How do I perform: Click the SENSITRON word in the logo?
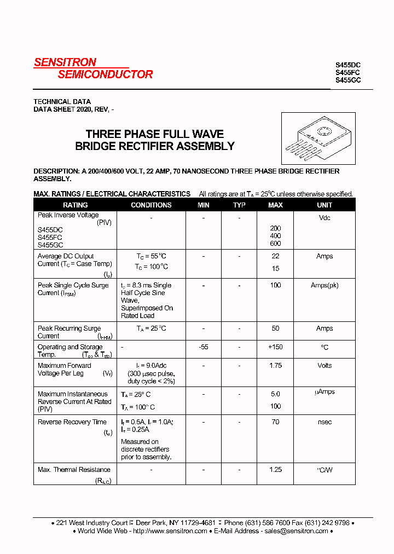click(x=65, y=62)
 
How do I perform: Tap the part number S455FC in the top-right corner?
click(x=348, y=72)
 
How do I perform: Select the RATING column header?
click(x=76, y=205)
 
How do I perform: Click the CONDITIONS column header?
click(x=151, y=205)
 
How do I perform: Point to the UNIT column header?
click(x=325, y=205)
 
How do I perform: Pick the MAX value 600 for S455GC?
click(x=275, y=244)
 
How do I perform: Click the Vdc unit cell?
click(x=325, y=218)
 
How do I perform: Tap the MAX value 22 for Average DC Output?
click(x=275, y=256)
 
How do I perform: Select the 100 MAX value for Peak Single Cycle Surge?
click(x=275, y=285)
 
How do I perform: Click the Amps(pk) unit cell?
click(x=325, y=285)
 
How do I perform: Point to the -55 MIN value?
click(x=204, y=347)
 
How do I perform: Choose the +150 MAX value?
click(x=275, y=347)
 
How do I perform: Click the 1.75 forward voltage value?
click(x=275, y=366)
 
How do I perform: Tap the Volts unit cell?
click(x=325, y=366)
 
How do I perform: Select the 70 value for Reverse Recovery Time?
click(x=275, y=422)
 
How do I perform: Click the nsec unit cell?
click(x=325, y=422)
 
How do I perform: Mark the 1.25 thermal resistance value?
click(x=275, y=470)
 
